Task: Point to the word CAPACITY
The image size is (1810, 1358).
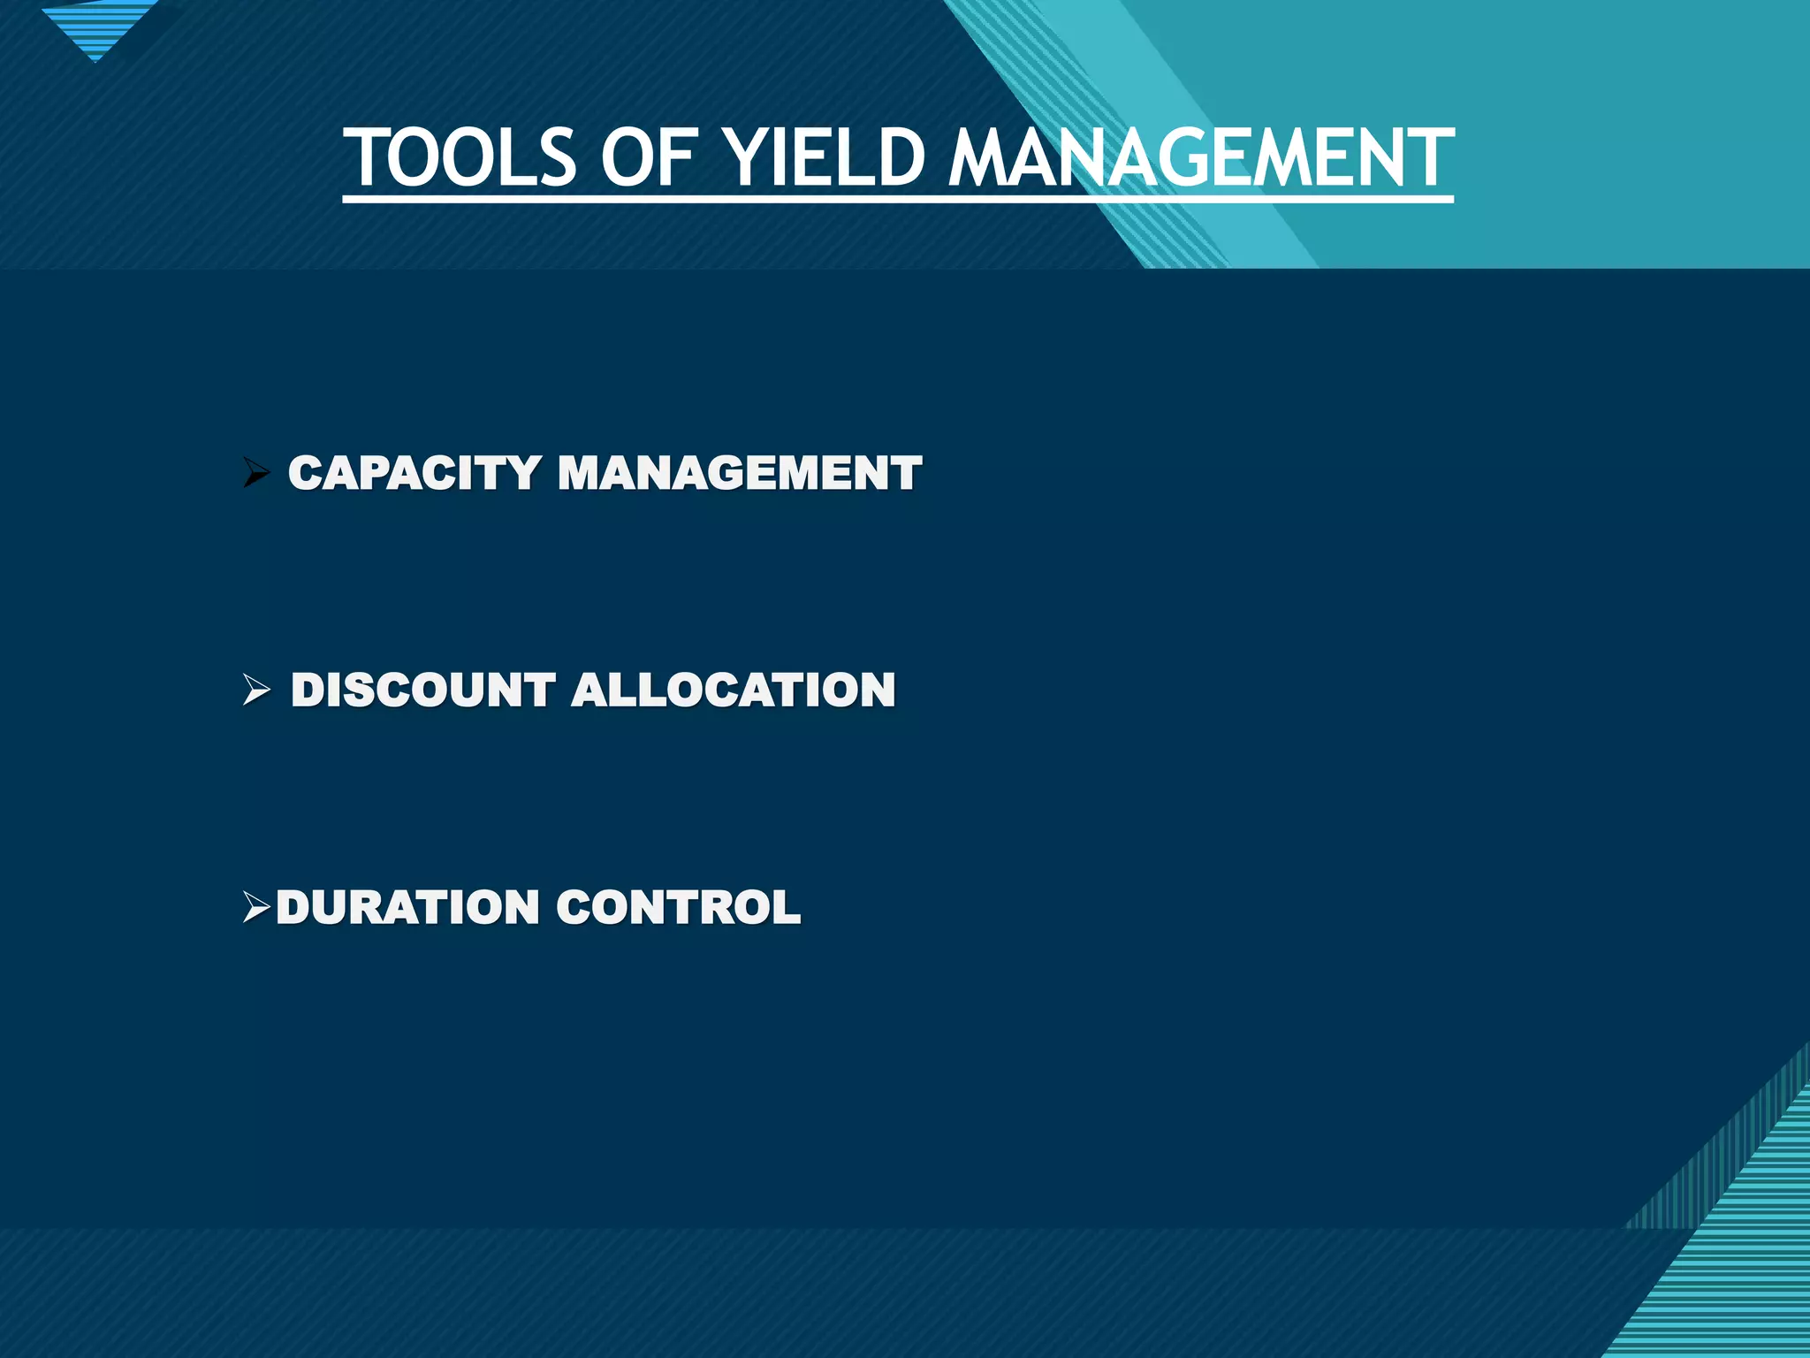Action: pos(414,473)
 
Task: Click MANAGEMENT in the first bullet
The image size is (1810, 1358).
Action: pos(740,473)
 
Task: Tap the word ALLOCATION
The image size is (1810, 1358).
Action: pos(734,690)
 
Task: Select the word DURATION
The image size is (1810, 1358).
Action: pos(407,907)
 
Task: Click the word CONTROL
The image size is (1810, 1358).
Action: pos(679,907)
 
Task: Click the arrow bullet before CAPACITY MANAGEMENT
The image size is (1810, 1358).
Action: pos(256,473)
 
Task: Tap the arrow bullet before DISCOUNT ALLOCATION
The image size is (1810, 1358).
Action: pos(256,690)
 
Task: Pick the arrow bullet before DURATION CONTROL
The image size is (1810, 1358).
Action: pos(256,907)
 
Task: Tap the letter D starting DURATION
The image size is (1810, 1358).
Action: pos(296,907)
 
